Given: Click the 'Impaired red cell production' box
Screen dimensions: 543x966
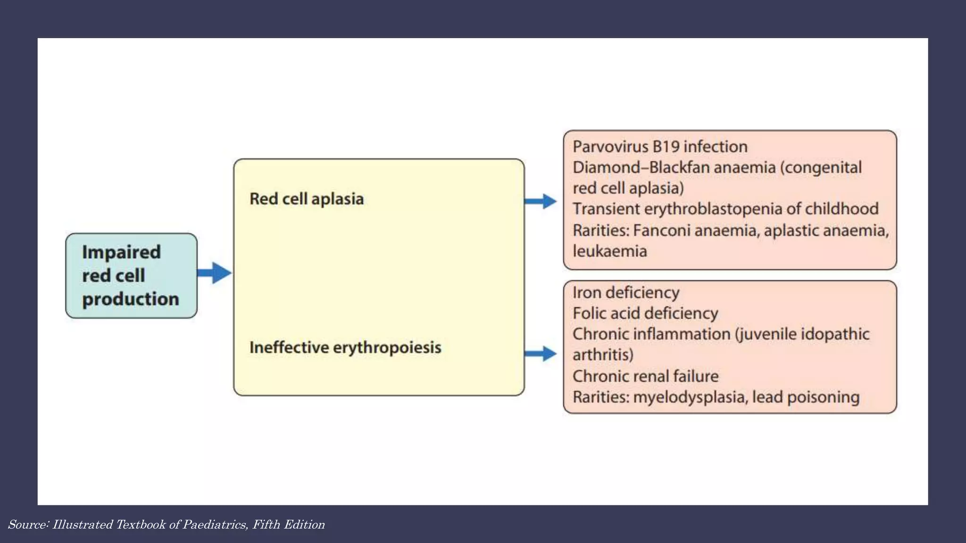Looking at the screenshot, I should point(131,276).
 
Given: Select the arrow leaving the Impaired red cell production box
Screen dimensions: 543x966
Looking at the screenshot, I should point(215,273).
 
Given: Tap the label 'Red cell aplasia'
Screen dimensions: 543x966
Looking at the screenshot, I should point(307,199).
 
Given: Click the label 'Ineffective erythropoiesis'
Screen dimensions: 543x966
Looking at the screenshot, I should point(345,347).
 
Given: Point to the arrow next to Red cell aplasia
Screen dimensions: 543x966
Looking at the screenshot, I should point(541,201).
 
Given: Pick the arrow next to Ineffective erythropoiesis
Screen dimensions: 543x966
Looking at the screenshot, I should point(541,354).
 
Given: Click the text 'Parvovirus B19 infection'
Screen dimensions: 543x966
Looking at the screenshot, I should point(660,147).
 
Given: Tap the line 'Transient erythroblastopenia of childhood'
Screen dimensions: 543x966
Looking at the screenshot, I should point(725,209).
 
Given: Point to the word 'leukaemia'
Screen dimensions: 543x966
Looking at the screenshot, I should point(609,251).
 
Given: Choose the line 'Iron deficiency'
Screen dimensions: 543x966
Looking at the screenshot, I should point(626,293).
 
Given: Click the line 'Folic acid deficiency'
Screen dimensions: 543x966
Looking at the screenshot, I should point(645,313).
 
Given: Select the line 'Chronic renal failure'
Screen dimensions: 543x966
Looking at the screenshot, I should point(645,376).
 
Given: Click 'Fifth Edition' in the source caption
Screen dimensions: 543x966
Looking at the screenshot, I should point(288,525).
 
